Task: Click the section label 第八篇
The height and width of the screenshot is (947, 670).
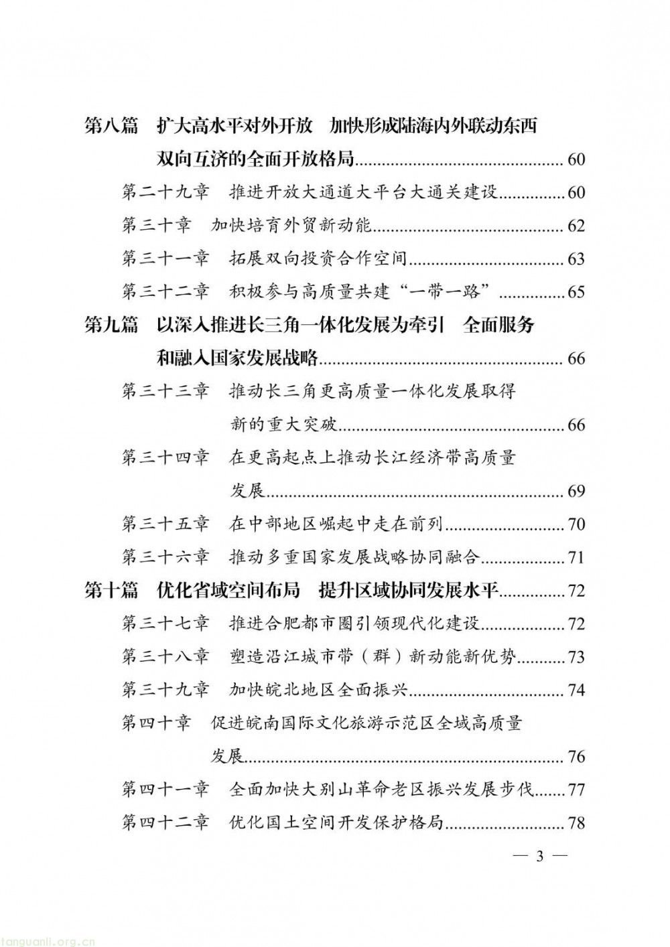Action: point(111,126)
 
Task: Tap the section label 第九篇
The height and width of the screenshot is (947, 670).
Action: point(111,325)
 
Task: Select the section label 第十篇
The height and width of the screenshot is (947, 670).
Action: point(111,590)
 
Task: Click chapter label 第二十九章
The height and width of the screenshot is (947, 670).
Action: point(165,192)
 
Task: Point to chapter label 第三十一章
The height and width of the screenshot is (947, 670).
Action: point(165,259)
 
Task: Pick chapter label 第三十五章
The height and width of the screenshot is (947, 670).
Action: point(165,524)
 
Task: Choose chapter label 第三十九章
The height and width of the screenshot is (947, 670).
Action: point(165,690)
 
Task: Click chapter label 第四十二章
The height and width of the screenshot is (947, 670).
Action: point(165,822)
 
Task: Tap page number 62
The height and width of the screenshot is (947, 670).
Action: point(576,226)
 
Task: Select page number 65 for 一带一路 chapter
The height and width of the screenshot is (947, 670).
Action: point(576,292)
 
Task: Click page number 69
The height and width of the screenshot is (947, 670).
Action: point(576,491)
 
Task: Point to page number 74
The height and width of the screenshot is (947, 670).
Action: point(576,690)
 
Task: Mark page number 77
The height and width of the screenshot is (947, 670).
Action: point(576,790)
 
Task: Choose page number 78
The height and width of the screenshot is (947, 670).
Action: point(576,822)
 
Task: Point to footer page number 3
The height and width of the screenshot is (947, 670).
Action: point(539,857)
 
